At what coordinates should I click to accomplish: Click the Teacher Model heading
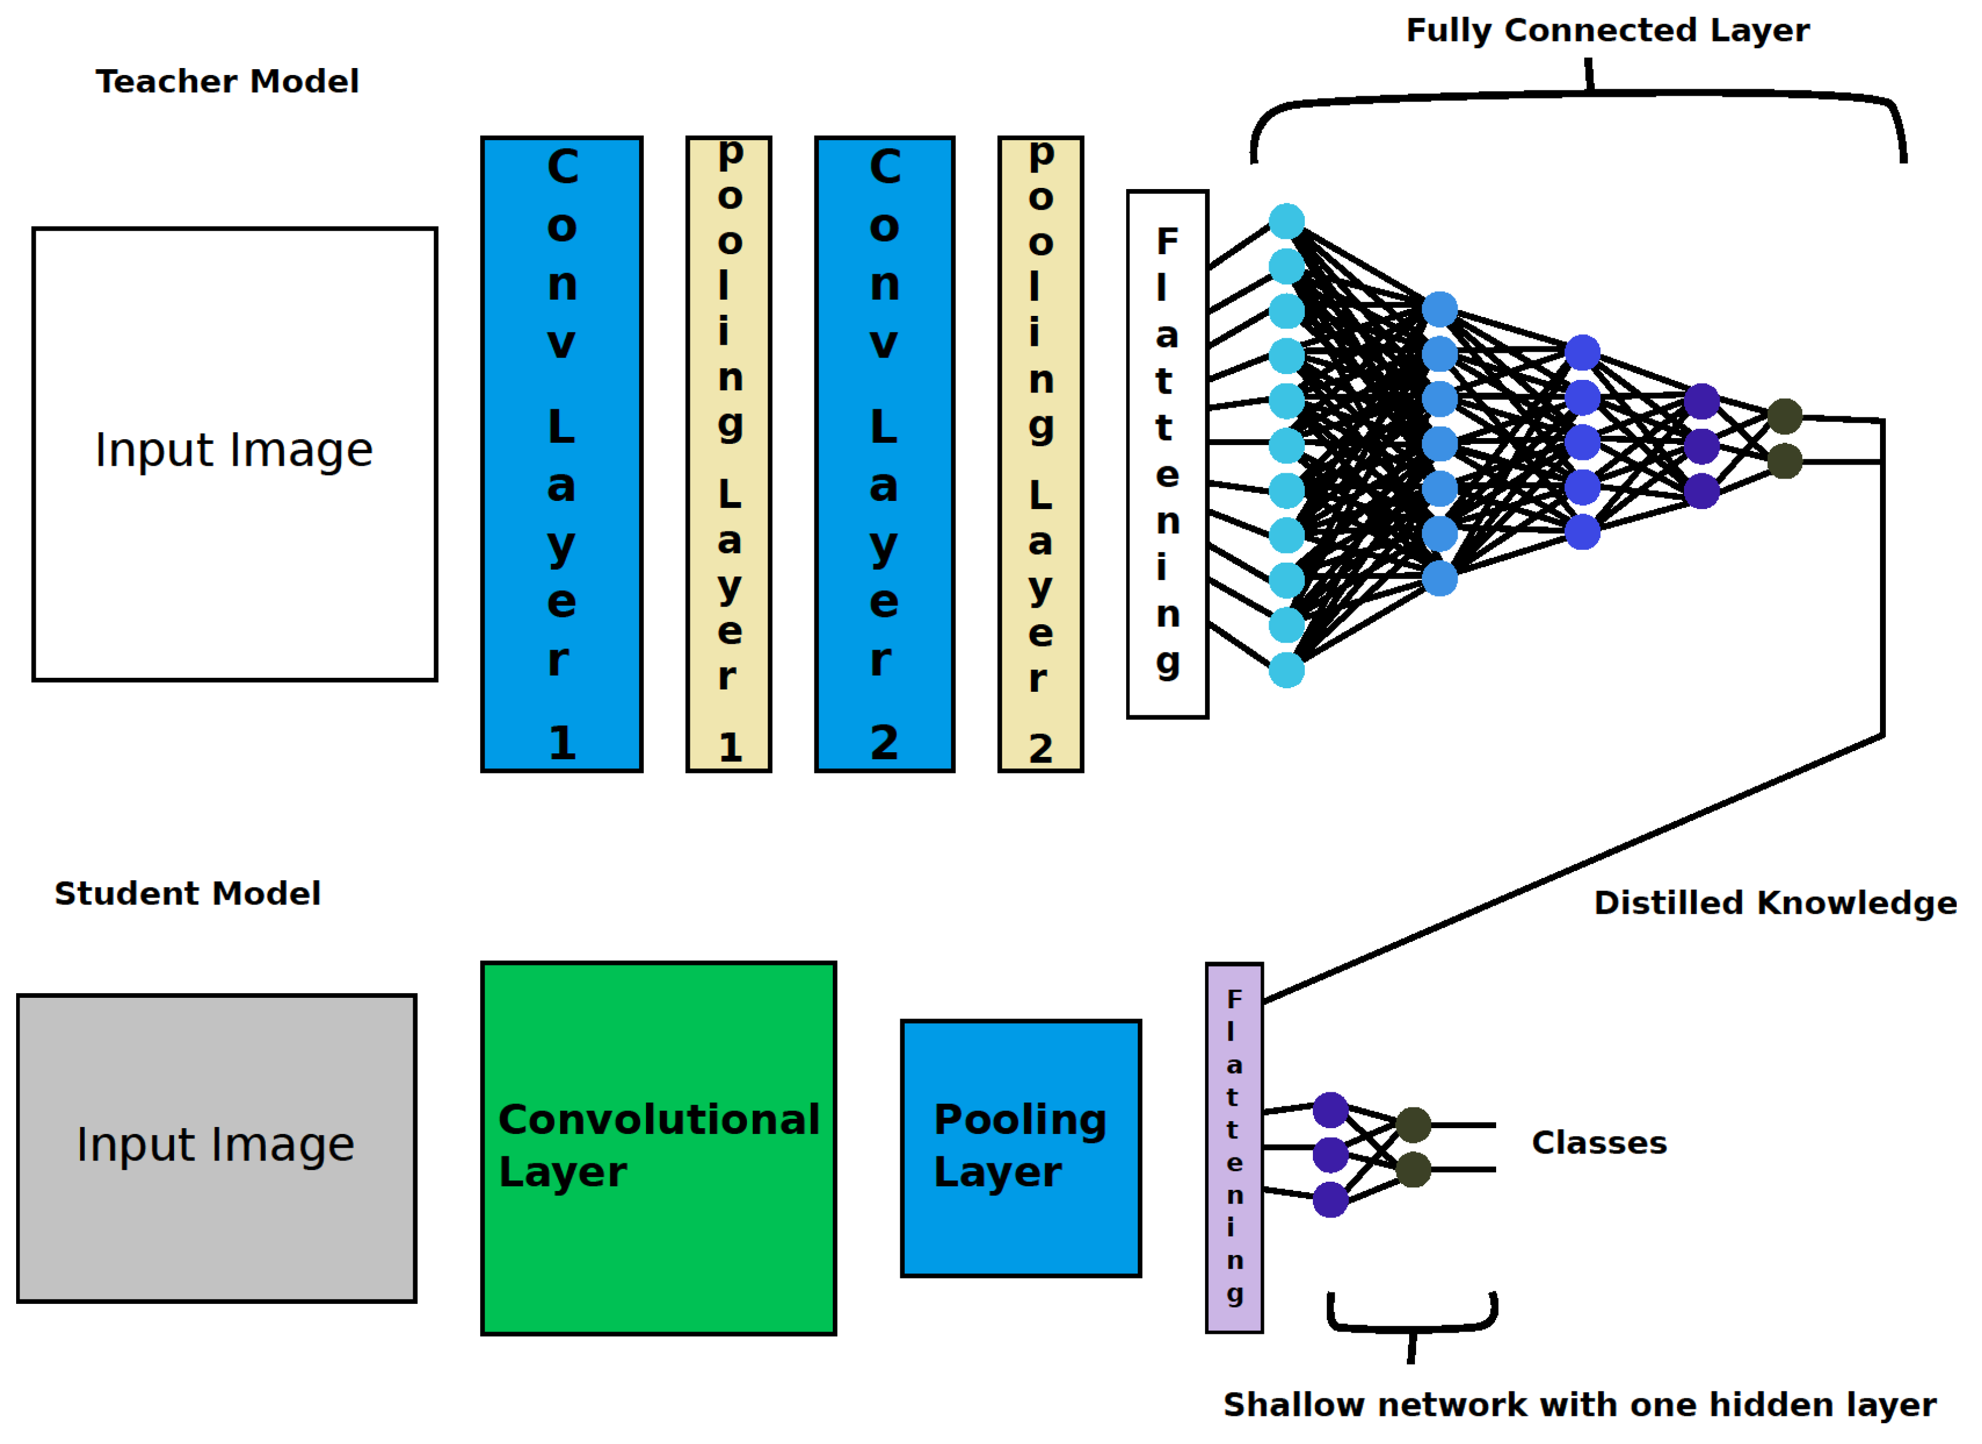tap(227, 81)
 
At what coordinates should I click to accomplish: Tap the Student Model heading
tap(188, 893)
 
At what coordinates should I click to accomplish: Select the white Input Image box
tap(234, 454)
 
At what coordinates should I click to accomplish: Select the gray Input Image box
tap(216, 1148)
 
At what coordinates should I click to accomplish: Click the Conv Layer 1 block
tap(562, 454)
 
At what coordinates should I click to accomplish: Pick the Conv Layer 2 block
tap(885, 454)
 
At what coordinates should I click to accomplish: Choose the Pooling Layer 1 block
tap(729, 454)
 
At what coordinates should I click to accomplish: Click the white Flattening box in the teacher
tap(1168, 454)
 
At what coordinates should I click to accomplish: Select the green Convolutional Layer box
tap(659, 1148)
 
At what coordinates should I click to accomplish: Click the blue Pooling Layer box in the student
tap(1021, 1148)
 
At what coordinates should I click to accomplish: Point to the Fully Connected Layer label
tap(1607, 31)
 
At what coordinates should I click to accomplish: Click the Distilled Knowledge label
tap(1775, 903)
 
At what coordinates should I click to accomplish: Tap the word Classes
tap(1599, 1143)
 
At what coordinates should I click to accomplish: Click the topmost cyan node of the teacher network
tap(1286, 221)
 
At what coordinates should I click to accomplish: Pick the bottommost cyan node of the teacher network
tap(1286, 670)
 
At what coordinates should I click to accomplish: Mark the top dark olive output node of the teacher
tap(1784, 416)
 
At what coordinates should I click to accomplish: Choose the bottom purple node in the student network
tap(1330, 1199)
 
